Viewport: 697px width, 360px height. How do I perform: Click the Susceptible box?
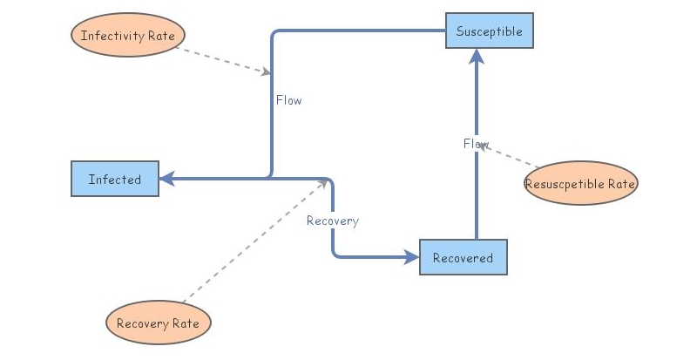(x=489, y=31)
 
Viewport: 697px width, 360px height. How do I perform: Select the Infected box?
(x=114, y=180)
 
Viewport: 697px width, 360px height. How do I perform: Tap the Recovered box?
(x=463, y=257)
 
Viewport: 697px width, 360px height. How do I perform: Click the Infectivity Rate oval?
(x=127, y=36)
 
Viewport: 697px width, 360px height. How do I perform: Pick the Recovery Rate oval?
(x=158, y=323)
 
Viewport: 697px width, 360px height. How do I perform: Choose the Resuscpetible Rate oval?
(x=580, y=184)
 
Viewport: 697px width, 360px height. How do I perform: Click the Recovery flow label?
(x=332, y=221)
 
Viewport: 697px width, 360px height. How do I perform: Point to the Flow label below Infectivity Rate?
(x=288, y=100)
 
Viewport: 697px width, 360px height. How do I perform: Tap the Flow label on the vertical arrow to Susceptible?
(x=476, y=144)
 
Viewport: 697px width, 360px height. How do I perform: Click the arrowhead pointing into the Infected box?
(x=166, y=179)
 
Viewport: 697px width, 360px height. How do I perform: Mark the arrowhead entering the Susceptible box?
(x=476, y=56)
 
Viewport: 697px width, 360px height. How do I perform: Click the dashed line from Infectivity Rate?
(x=222, y=59)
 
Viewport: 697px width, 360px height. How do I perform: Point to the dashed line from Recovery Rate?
(x=253, y=243)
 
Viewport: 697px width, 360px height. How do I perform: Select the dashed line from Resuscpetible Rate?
(x=514, y=158)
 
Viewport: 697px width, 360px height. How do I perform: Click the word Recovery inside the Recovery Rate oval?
(x=142, y=323)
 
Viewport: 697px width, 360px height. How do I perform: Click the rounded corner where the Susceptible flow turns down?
(x=274, y=34)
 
